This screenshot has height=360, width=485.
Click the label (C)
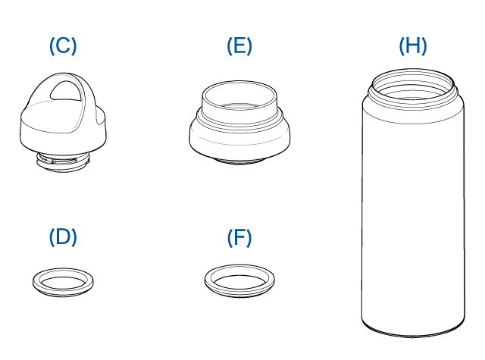[63, 45]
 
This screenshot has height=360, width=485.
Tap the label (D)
[63, 237]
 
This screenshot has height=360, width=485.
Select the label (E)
[239, 45]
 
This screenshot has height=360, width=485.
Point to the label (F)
[239, 238]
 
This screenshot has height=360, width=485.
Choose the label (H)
[413, 45]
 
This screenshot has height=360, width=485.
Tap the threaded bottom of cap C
[63, 162]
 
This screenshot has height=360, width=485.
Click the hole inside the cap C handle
[66, 91]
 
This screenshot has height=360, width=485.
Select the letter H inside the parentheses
[413, 45]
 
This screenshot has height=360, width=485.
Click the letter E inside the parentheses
[239, 45]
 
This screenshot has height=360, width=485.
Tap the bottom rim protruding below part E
[239, 161]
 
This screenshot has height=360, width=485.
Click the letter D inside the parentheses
[63, 236]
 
